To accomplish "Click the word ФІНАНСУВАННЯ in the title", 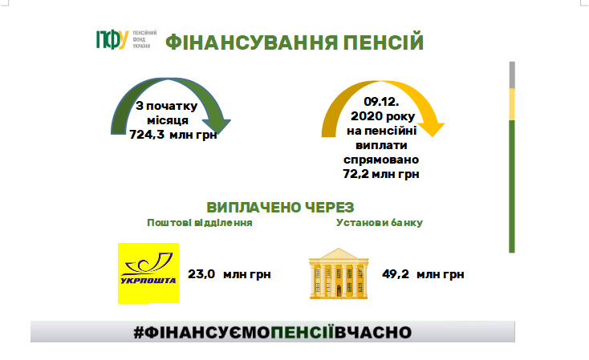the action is [252, 42].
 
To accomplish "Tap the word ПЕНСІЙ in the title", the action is [384, 42].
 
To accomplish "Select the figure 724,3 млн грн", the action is [173, 135].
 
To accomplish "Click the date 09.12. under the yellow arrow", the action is [381, 102].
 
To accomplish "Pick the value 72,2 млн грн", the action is [381, 174].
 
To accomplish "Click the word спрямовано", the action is [381, 160].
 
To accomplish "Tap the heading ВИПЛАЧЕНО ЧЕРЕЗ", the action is [280, 207].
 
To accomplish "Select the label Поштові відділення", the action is [200, 223].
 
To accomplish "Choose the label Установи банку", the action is [380, 223].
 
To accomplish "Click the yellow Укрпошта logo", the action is [148, 273].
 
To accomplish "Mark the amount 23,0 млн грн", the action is [230, 274].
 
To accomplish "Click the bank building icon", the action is [339, 273].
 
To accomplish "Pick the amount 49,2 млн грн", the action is [423, 274].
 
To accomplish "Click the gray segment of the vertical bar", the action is [512, 75].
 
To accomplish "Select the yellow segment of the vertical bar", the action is [512, 105].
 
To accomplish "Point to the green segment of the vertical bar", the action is [512, 187].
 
